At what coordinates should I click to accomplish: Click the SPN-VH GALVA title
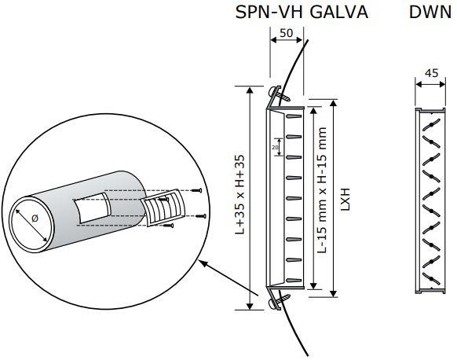[x=302, y=13]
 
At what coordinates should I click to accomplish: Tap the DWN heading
[x=430, y=13]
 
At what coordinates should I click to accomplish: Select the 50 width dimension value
[x=286, y=33]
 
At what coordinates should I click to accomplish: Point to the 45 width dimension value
[x=431, y=73]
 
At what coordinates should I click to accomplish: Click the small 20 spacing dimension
[x=275, y=147]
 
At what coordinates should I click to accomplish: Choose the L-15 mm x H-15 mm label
[x=322, y=190]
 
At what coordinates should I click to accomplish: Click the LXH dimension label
[x=345, y=199]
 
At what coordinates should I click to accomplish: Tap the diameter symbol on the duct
[x=35, y=218]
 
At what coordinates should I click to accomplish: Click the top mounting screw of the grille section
[x=279, y=94]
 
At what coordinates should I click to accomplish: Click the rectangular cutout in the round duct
[x=91, y=208]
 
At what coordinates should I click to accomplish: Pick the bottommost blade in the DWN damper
[x=431, y=279]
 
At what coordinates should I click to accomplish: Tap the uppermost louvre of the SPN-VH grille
[x=294, y=116]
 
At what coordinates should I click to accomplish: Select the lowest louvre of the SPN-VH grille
[x=294, y=281]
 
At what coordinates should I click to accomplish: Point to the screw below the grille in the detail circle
[x=169, y=226]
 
